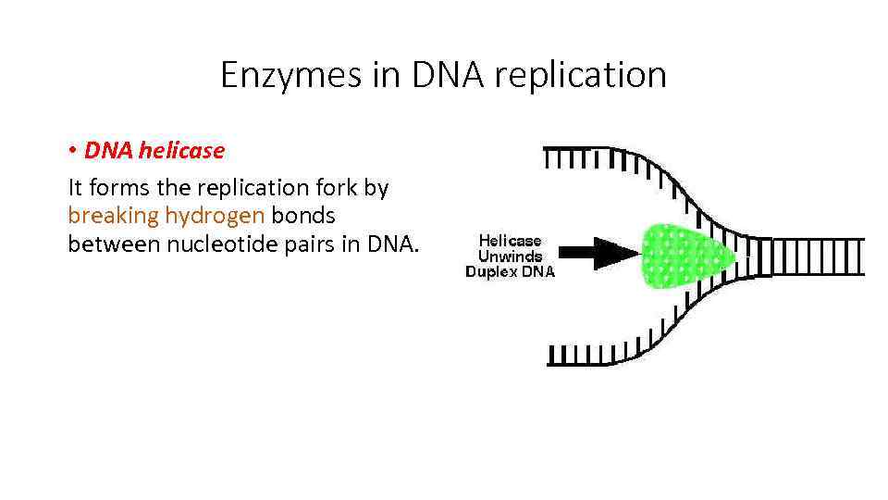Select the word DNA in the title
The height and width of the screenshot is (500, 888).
tap(449, 75)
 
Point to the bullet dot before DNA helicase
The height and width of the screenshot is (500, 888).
tap(72, 151)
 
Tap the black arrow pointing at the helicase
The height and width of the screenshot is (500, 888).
tap(600, 253)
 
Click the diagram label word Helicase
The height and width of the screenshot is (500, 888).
tap(510, 241)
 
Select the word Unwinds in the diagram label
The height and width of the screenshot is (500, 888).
tap(510, 256)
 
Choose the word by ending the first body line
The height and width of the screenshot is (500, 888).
tap(376, 188)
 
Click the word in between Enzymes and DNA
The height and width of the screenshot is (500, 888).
tap(387, 75)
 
